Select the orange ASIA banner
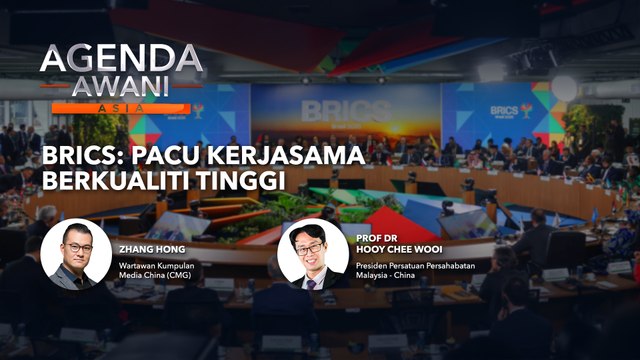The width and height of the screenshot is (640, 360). point(122,107)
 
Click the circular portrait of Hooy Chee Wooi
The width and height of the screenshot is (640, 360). point(313,254)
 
